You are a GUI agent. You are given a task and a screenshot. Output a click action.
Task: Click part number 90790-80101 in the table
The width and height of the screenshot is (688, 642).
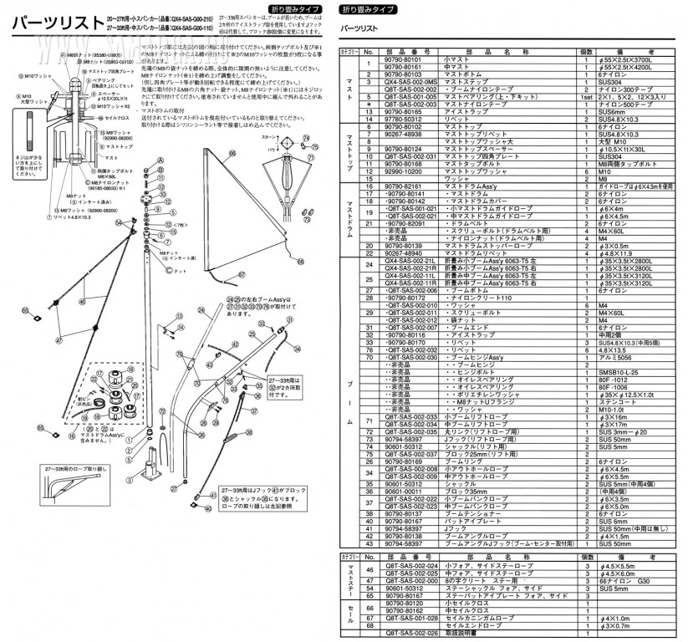point(402,59)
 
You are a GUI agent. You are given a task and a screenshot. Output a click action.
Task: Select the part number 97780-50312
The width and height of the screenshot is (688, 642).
point(402,119)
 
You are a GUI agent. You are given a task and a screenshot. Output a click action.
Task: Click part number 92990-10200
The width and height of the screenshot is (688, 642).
point(402,172)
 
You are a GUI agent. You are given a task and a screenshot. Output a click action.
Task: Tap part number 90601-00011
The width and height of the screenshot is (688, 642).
point(402,492)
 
